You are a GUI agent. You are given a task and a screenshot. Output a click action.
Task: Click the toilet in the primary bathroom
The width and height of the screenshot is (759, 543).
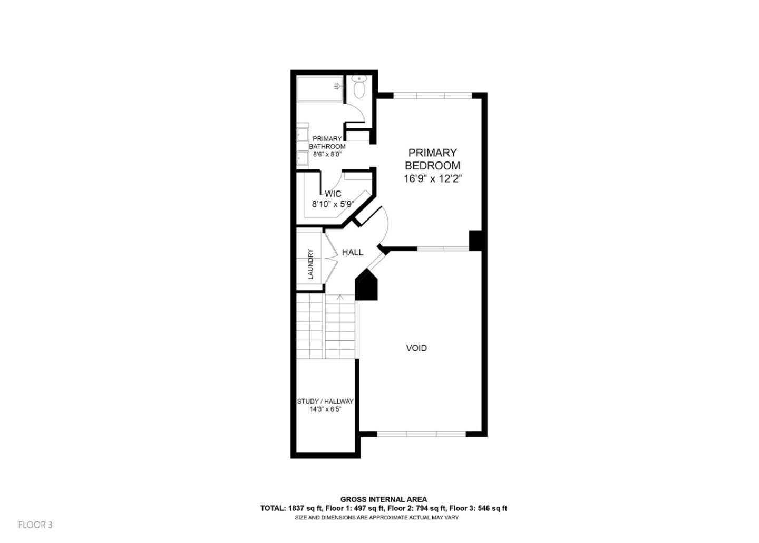[359, 89]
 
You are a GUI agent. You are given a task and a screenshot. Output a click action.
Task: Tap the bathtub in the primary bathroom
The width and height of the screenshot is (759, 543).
[320, 89]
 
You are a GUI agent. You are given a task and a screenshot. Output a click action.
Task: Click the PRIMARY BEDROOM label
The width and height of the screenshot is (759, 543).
[432, 159]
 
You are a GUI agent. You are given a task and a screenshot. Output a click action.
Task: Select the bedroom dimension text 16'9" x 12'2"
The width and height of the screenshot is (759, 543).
[432, 179]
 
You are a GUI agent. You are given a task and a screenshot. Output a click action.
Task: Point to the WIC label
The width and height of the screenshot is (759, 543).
[333, 194]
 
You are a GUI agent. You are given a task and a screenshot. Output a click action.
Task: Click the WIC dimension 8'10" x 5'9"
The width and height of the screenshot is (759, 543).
[333, 204]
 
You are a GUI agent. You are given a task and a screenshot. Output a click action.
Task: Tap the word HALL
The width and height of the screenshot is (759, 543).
[352, 252]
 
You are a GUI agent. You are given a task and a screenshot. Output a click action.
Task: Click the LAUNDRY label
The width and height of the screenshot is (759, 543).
[310, 264]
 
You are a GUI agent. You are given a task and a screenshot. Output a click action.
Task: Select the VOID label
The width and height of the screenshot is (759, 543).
[416, 348]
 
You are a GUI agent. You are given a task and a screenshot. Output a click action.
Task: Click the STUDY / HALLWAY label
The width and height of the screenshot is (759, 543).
[325, 402]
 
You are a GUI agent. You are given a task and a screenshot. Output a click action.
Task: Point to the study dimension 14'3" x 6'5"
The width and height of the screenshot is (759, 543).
[325, 409]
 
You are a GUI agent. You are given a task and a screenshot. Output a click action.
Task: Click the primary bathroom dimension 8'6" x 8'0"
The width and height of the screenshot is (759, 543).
[327, 155]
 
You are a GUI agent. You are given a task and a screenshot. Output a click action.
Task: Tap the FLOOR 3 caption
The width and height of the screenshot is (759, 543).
[35, 525]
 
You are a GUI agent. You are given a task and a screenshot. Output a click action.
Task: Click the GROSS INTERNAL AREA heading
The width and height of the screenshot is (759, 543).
[384, 499]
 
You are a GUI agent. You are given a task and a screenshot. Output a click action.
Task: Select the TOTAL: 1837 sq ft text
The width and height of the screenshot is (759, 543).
[291, 509]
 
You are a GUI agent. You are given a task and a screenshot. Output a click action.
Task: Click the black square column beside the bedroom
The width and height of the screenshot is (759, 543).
[476, 240]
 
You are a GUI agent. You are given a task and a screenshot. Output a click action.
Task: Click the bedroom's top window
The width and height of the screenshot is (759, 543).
[432, 96]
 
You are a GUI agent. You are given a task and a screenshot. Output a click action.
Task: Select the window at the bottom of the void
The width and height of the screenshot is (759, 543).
[422, 434]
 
